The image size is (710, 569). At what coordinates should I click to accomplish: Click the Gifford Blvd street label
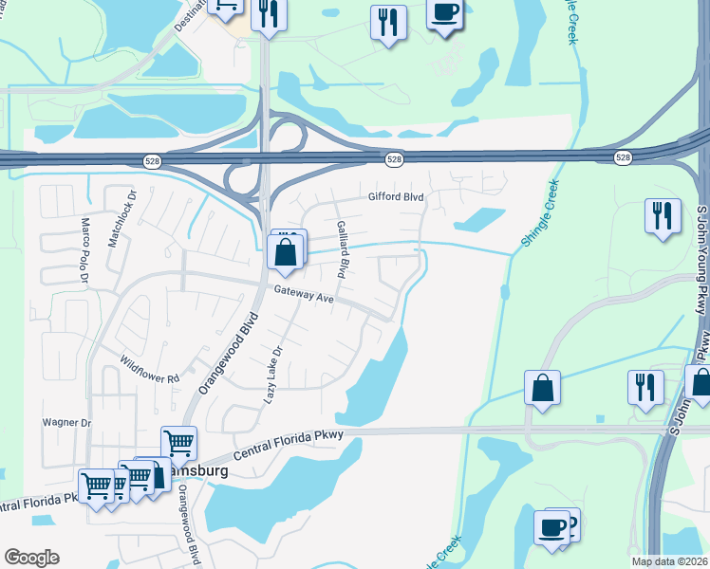395,197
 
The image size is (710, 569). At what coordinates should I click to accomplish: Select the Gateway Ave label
304,297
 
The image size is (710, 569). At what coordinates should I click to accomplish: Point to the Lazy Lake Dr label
272,376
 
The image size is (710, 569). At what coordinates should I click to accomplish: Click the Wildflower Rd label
150,369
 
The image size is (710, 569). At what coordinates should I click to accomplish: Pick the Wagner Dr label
66,423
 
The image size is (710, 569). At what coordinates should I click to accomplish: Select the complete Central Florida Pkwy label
282,440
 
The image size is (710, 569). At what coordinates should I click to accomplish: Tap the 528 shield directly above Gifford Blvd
395,159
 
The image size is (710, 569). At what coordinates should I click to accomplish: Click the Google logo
31,558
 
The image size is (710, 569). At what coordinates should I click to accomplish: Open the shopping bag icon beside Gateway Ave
286,254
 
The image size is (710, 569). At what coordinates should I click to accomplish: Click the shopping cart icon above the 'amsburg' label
178,443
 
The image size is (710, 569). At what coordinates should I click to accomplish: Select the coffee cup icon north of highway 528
444,14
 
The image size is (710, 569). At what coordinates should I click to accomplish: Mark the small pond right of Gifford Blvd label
479,219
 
